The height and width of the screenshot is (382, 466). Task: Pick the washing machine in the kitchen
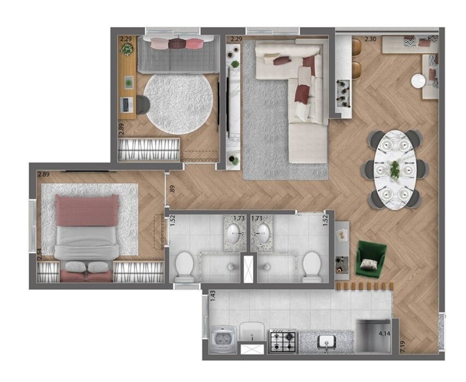(x=223, y=339)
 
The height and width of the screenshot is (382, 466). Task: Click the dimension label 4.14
(x=384, y=334)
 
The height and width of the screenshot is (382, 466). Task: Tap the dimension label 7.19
(x=403, y=347)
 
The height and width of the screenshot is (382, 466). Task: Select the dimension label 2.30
(x=370, y=39)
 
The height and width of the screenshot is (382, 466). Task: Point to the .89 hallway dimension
(x=172, y=189)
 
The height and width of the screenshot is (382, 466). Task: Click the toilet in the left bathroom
(x=184, y=266)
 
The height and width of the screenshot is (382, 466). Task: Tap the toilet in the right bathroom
(x=312, y=266)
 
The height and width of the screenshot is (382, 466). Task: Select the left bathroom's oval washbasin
(x=234, y=233)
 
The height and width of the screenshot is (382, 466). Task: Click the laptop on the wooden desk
(x=126, y=105)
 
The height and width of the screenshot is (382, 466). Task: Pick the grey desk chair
(x=143, y=104)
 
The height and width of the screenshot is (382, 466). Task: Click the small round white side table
(x=417, y=81)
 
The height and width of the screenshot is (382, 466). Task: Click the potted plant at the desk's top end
(x=127, y=49)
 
